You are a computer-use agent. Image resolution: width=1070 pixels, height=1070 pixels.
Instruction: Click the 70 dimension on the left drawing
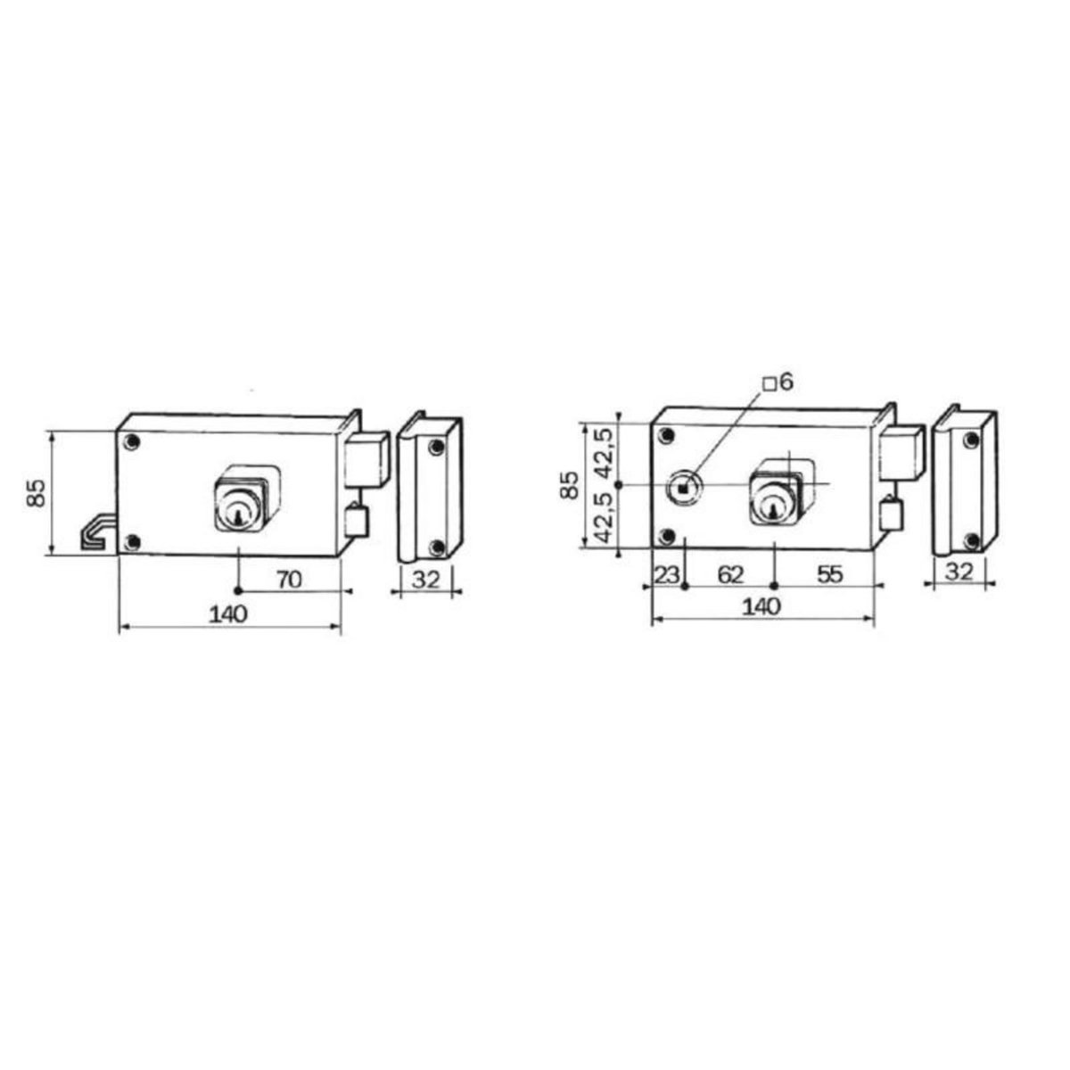[x=288, y=580]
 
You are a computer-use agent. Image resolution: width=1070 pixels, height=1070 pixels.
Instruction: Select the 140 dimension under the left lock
[x=229, y=613]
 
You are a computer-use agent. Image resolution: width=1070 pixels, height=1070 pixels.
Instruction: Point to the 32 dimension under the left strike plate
[x=427, y=580]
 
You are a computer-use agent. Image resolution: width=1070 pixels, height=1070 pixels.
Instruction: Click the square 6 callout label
[x=778, y=383]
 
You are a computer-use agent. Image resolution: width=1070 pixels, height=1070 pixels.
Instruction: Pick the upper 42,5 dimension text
[x=605, y=451]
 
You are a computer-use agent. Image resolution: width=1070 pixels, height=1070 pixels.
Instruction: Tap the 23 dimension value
[x=666, y=575]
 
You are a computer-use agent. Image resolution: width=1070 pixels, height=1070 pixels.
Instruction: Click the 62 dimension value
[x=730, y=575]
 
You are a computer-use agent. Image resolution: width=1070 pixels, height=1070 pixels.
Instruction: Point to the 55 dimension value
[x=829, y=575]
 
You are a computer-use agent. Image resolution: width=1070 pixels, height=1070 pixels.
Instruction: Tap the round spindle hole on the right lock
[x=684, y=488]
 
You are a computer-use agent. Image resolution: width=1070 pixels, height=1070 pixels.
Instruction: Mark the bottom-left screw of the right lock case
[x=665, y=536]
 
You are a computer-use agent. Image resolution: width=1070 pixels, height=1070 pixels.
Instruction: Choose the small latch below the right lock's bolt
[x=889, y=518]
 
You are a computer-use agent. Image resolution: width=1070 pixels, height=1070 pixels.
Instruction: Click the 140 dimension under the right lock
[x=761, y=606]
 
